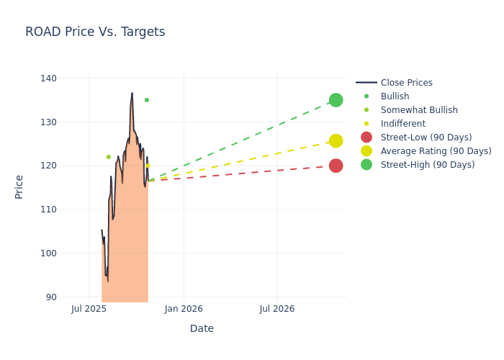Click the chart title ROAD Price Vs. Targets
[95, 32]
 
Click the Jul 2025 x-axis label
[89, 309]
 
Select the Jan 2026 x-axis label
[184, 309]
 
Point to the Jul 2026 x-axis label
[276, 309]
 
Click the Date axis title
[202, 328]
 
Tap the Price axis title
[19, 186]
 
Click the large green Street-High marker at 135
[336, 100]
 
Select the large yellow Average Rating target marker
[336, 141]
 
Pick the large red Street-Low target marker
[336, 166]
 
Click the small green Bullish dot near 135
[147, 100]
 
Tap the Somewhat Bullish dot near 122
[109, 157]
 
